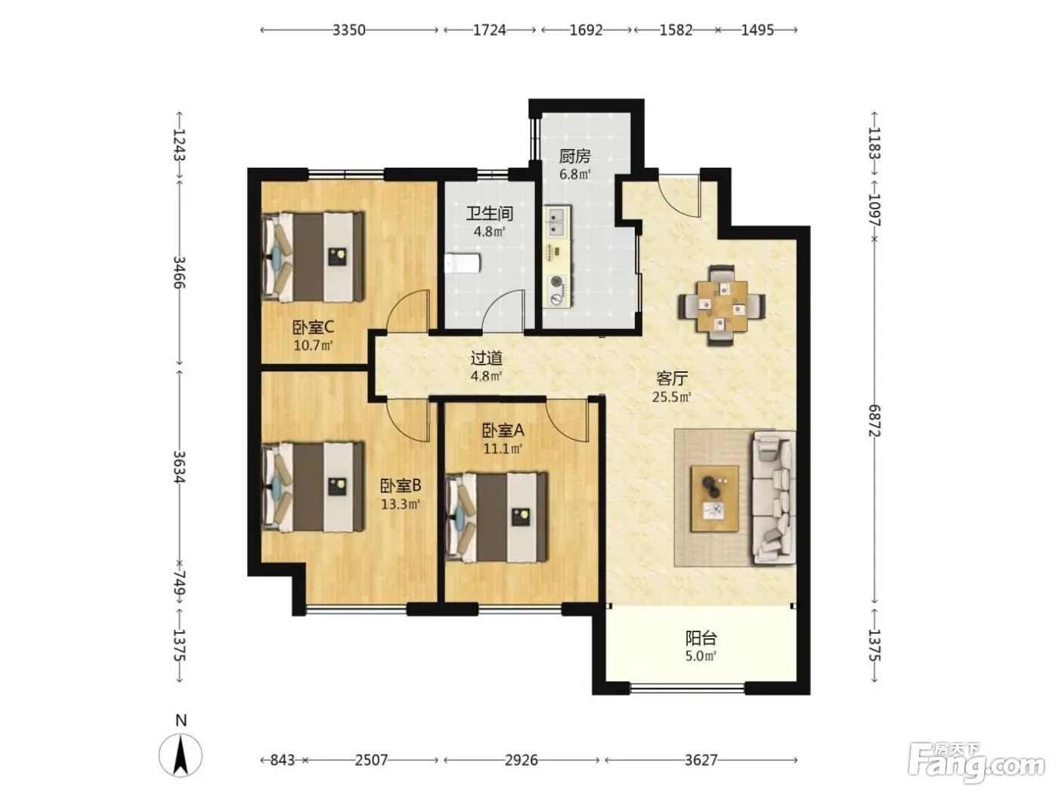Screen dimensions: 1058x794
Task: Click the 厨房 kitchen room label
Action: click(574, 157)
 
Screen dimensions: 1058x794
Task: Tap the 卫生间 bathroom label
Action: click(489, 213)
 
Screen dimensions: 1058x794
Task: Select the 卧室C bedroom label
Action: click(313, 328)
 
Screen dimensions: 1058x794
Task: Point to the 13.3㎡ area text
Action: click(401, 504)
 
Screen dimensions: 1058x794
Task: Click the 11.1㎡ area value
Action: click(503, 449)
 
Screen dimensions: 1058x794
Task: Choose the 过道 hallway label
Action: click(487, 358)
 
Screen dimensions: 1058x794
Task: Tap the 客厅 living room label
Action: click(671, 379)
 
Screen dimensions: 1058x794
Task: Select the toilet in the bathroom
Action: click(462, 264)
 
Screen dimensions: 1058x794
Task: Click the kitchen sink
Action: click(557, 222)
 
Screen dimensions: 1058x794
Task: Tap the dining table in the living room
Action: click(722, 306)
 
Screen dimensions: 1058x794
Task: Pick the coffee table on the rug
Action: click(715, 498)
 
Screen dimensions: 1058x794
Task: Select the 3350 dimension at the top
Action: click(349, 30)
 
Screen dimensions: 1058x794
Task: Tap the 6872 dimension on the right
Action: click(874, 420)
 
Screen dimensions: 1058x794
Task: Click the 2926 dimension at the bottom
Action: click(521, 760)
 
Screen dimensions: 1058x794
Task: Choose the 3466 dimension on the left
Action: click(179, 272)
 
